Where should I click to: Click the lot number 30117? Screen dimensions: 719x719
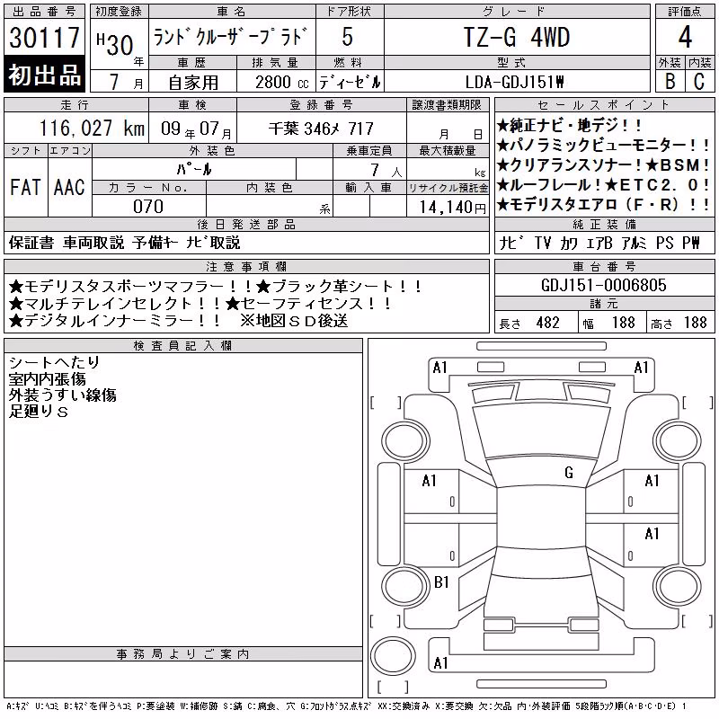coord(44,38)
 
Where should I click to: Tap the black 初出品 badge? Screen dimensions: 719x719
coord(44,75)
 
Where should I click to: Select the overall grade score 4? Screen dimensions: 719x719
coord(685,37)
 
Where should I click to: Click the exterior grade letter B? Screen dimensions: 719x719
coord(670,81)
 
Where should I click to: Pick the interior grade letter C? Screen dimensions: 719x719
coord(699,81)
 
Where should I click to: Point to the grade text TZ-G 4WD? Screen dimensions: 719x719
coord(517,37)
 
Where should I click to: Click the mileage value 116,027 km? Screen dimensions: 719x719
coord(92,128)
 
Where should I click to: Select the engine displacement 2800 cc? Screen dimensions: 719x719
coord(281,82)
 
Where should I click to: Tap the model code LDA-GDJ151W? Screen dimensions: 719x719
coord(514,82)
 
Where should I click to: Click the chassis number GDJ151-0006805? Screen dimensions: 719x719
coord(603,285)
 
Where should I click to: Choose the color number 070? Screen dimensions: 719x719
coord(148,207)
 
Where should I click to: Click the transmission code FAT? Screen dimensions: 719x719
coord(26,187)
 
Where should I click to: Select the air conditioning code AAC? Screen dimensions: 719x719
coord(69,187)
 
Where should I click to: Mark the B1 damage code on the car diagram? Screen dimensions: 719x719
coord(441,582)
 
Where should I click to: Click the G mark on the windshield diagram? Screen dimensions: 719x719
coord(569,473)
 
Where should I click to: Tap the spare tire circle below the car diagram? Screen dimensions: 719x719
coord(393,655)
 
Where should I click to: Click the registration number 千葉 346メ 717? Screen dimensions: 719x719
coord(321,129)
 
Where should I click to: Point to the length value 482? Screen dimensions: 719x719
coord(547,323)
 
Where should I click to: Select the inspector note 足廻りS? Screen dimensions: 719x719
coord(39,412)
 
